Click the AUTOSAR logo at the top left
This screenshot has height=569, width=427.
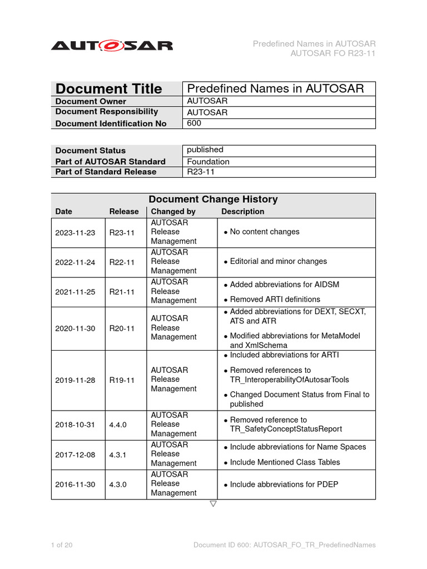112,46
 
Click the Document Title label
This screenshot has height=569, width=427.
109,89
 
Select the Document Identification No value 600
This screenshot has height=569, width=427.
194,123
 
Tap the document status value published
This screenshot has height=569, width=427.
205,150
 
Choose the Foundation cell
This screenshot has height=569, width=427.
208,162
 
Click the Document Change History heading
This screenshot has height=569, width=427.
213,199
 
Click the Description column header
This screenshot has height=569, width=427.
242,212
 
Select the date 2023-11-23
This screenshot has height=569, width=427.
75,232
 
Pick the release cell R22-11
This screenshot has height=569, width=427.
121,262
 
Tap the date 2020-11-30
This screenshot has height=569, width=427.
75,328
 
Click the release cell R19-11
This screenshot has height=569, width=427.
121,380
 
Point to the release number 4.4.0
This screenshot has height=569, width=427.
117,425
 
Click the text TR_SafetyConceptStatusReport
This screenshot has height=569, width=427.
286,429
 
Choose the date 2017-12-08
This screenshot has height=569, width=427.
75,455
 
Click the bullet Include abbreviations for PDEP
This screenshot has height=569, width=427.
284,485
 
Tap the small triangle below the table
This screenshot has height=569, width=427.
213,504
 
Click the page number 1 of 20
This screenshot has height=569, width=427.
62,545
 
